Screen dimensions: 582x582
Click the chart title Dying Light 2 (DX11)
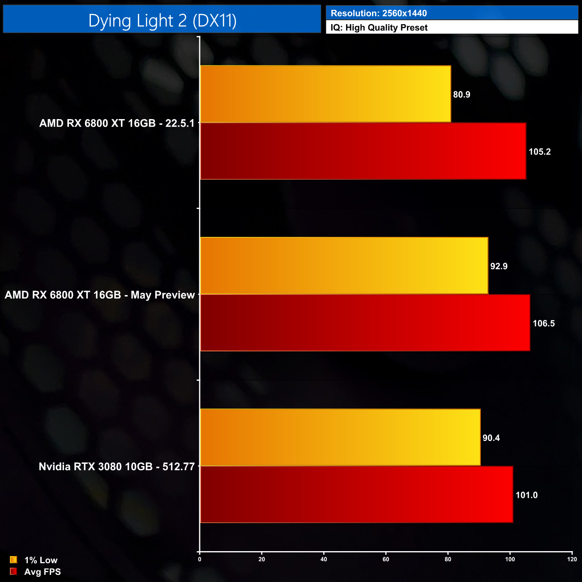point(162,21)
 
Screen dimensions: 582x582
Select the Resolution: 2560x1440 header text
point(379,13)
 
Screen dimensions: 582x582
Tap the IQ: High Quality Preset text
point(379,28)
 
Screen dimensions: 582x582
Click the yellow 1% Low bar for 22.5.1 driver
point(325,94)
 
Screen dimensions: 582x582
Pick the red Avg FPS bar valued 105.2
point(363,151)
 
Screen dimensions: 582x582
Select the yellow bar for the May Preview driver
point(344,266)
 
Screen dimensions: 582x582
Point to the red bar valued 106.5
point(365,323)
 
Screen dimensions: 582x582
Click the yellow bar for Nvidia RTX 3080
point(340,437)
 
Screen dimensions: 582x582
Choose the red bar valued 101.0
point(356,494)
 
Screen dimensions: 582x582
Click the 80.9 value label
point(462,94)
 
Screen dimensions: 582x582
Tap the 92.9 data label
point(499,266)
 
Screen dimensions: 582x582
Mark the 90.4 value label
point(491,438)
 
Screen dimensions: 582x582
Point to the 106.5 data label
point(543,323)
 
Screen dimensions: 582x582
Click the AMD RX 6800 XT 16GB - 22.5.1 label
point(117,123)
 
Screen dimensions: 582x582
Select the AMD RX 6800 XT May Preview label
point(100,295)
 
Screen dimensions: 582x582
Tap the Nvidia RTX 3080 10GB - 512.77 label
point(117,466)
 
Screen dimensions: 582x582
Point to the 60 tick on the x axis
point(386,559)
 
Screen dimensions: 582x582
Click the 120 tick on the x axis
point(572,559)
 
